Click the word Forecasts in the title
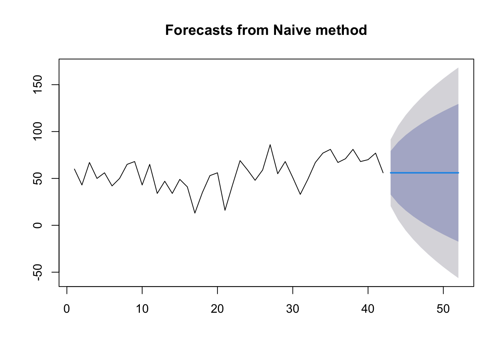[x=199, y=30]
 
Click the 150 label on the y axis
[x=37, y=84]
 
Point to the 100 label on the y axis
[x=37, y=131]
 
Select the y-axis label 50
[x=37, y=178]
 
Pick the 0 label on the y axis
[x=37, y=225]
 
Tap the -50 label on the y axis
[x=37, y=272]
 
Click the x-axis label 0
[x=67, y=309]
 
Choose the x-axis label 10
[x=142, y=309]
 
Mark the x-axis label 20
[x=217, y=309]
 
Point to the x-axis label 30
[x=292, y=309]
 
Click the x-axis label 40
[x=368, y=309]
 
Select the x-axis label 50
[x=443, y=309]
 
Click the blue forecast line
[x=424, y=173]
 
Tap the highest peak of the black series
[x=270, y=145]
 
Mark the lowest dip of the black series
[x=195, y=213]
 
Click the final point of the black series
[x=383, y=173]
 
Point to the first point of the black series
[x=75, y=169]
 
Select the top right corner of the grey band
[x=458, y=67]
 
